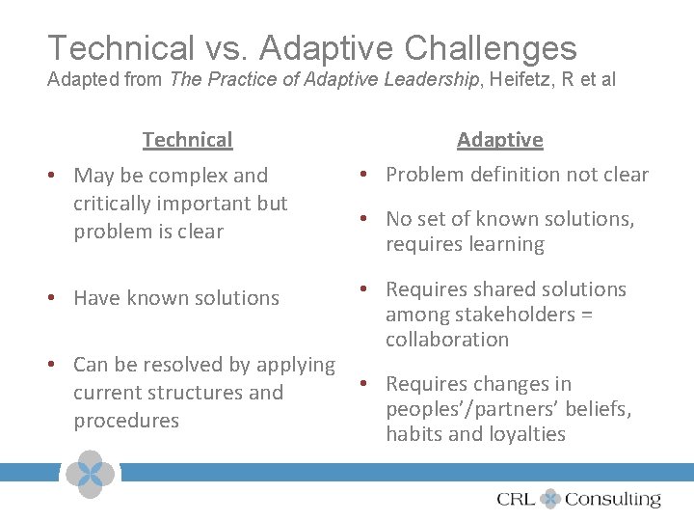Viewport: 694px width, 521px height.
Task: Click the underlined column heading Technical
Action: click(x=187, y=140)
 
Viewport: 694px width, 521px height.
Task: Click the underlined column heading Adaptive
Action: click(x=499, y=140)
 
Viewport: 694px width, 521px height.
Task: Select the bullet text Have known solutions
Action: click(x=176, y=298)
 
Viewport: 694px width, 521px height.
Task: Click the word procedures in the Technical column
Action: click(x=126, y=421)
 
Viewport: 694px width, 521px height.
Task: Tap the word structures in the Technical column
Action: click(x=196, y=393)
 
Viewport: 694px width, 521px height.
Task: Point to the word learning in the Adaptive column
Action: click(x=505, y=244)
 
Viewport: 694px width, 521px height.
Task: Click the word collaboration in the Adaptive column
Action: click(x=447, y=340)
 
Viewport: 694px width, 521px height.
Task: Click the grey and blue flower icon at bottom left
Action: click(x=89, y=474)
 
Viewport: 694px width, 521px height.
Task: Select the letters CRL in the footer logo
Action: click(x=517, y=499)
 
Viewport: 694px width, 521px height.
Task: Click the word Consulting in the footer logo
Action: click(x=613, y=499)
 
